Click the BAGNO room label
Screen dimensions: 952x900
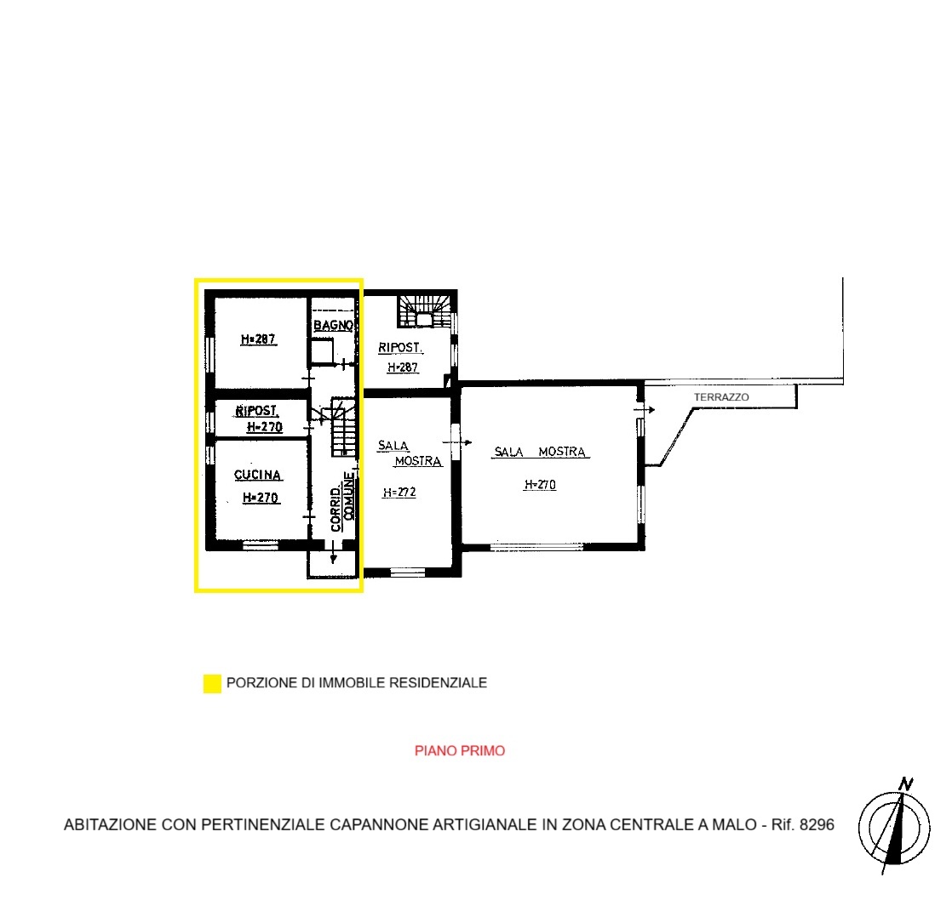[x=333, y=325]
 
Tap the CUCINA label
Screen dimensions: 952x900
[x=258, y=475]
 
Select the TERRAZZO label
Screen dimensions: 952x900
[x=721, y=397]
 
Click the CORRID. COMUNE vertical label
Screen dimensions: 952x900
[x=342, y=502]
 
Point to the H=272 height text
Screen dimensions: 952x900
[x=399, y=492]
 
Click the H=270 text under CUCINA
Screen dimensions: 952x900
[x=261, y=498]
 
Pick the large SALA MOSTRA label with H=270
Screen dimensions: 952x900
[x=540, y=452]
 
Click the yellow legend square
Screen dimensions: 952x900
[x=212, y=683]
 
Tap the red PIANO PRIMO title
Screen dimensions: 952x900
[x=460, y=751]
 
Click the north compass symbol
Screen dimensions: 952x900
[x=895, y=827]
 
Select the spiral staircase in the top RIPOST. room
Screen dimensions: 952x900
[x=425, y=311]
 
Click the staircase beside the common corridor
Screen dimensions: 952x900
[x=343, y=428]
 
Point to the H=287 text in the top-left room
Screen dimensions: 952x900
[x=259, y=339]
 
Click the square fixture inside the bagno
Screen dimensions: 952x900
[x=322, y=351]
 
